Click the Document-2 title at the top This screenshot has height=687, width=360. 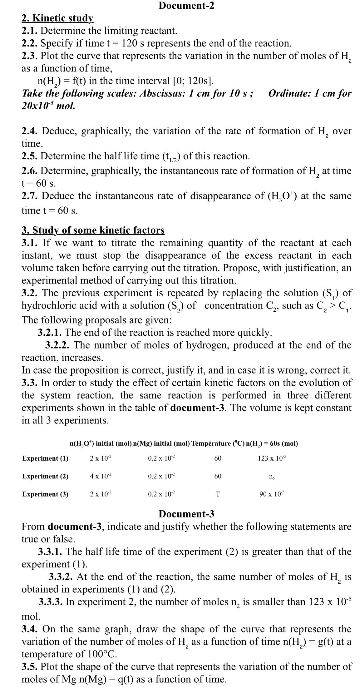186,6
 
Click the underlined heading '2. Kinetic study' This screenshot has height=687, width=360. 57,18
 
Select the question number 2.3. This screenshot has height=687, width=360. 30,56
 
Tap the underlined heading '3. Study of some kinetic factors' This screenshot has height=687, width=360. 93,230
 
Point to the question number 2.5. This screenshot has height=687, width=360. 30,156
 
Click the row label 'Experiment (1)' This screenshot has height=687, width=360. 45,458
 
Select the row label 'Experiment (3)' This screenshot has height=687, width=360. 45,494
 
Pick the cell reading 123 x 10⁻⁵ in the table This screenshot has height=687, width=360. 272,458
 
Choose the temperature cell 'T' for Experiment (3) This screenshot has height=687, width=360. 218,494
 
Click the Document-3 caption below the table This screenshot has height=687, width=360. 186,514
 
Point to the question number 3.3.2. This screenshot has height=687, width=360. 61,576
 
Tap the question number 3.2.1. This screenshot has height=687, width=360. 49,333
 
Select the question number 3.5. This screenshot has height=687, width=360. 30,666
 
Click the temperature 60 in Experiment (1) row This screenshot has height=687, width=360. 218,458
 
